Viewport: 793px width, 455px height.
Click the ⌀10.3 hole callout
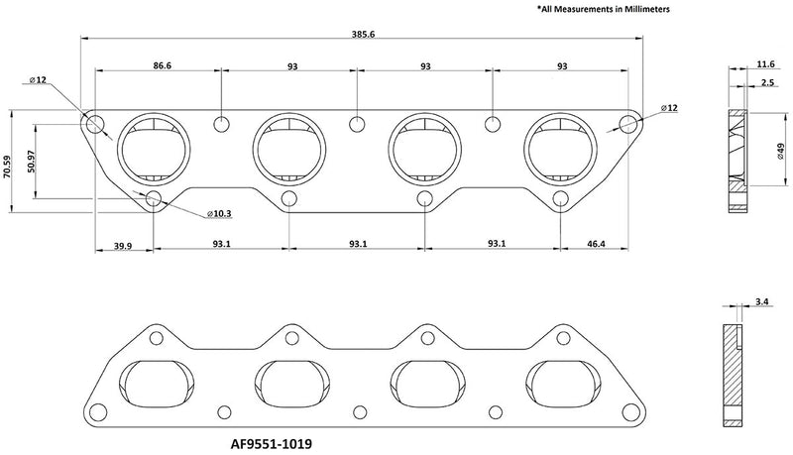point(219,214)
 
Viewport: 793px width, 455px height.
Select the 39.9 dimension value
point(123,244)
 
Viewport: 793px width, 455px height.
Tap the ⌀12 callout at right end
point(670,106)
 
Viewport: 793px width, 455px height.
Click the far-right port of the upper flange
point(564,151)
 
